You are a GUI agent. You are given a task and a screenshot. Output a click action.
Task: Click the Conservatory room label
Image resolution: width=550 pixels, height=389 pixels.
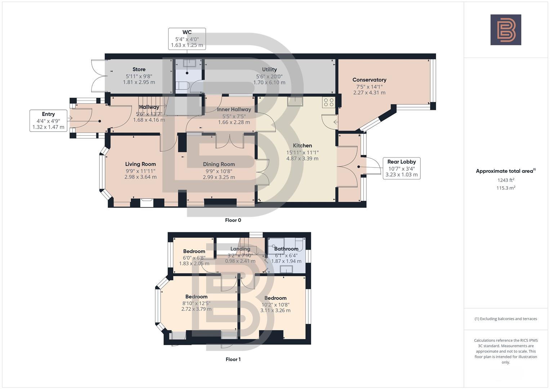pyautogui.click(x=369, y=80)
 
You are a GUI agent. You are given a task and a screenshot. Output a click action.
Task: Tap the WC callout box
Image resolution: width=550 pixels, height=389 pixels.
pyautogui.click(x=187, y=39)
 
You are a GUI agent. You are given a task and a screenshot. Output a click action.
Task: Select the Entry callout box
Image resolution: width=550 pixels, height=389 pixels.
pyautogui.click(x=48, y=121)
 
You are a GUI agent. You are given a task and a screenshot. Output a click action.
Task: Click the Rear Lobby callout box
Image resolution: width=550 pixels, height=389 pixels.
pyautogui.click(x=401, y=168)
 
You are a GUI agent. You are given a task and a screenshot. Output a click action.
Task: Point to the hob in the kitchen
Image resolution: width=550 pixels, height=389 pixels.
pyautogui.click(x=328, y=102)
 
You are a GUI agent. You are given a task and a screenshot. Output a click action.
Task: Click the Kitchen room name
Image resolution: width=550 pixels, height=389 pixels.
pyautogui.click(x=302, y=146)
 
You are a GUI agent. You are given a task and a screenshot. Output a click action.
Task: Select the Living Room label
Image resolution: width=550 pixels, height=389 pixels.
pyautogui.click(x=140, y=164)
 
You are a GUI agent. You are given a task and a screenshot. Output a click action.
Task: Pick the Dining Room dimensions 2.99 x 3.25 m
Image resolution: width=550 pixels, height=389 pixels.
pyautogui.click(x=219, y=177)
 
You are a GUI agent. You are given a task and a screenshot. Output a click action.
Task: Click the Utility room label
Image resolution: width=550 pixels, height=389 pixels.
pyautogui.click(x=269, y=70)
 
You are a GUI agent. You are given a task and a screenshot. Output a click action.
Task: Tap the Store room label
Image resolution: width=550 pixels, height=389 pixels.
pyautogui.click(x=139, y=70)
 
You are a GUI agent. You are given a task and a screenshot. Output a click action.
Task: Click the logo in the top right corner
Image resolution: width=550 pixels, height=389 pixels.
pyautogui.click(x=506, y=30)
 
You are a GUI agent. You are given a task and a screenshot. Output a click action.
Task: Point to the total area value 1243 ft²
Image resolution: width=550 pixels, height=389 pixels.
pyautogui.click(x=506, y=180)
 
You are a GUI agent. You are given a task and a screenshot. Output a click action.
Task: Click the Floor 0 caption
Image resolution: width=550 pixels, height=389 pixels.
pyautogui.click(x=233, y=220)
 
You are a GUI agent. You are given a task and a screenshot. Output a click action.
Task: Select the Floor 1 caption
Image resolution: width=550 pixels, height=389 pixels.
pyautogui.click(x=233, y=359)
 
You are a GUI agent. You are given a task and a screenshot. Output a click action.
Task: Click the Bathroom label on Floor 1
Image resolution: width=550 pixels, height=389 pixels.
pyautogui.click(x=286, y=249)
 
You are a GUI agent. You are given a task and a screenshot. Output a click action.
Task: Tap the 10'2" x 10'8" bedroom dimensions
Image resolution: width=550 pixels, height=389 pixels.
pyautogui.click(x=275, y=304)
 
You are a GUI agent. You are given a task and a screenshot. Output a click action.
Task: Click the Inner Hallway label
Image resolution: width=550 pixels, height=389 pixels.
pyautogui.click(x=234, y=109)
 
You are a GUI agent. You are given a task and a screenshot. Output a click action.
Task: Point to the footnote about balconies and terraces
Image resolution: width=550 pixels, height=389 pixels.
pyautogui.click(x=506, y=319)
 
